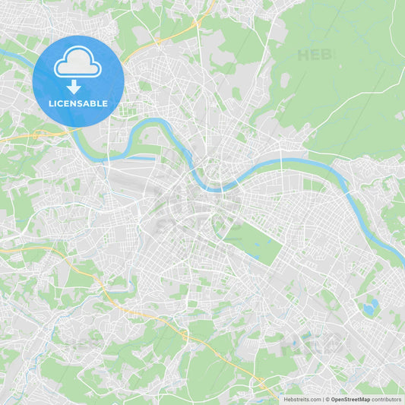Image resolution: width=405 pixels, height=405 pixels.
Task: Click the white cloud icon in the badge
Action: pyautogui.click(x=78, y=64)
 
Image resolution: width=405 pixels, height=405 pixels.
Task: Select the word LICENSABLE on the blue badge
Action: pyautogui.click(x=78, y=103)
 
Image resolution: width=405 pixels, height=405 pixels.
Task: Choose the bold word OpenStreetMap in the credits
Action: pyautogui.click(x=350, y=398)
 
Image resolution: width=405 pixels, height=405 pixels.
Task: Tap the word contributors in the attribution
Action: pyautogui.click(x=386, y=398)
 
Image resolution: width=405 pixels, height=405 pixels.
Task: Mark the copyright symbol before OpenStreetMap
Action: pyautogui.click(x=327, y=398)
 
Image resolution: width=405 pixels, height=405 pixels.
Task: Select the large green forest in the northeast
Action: pyautogui.click(x=342, y=84)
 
